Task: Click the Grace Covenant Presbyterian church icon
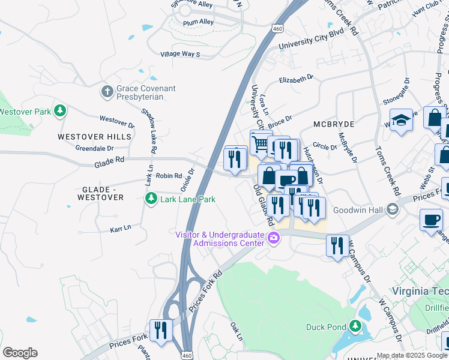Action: click(x=107, y=92)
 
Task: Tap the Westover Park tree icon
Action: click(x=60, y=110)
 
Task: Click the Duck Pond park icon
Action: click(x=356, y=326)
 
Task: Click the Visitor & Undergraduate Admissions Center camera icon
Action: click(x=274, y=238)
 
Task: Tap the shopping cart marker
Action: click(x=261, y=143)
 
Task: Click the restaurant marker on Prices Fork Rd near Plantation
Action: click(x=160, y=331)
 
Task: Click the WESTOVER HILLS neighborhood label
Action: click(x=94, y=137)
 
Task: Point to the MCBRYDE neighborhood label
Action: click(x=334, y=124)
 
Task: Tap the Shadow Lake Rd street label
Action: click(x=149, y=130)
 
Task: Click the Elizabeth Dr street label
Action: click(x=297, y=79)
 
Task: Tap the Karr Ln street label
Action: click(x=121, y=229)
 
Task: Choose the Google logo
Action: click(x=20, y=353)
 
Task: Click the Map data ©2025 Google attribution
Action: click(x=412, y=355)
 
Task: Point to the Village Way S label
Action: click(x=180, y=54)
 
